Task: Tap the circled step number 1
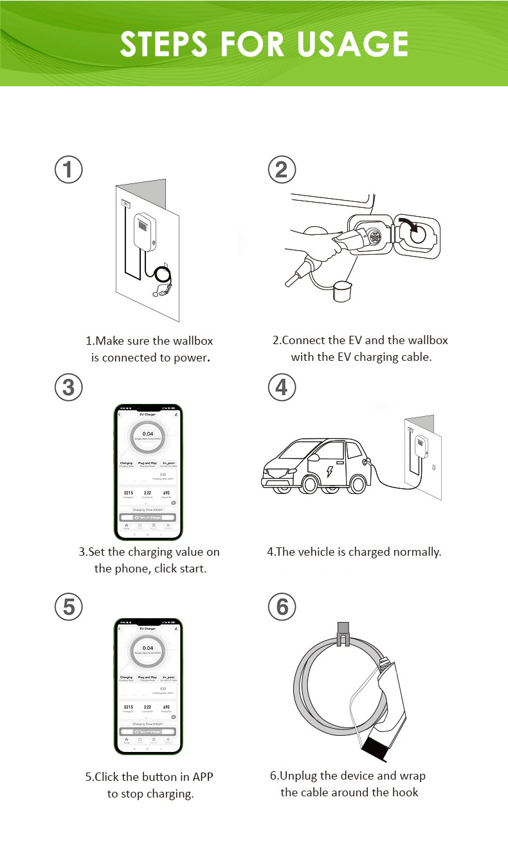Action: [x=69, y=169]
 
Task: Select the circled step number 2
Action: [x=282, y=169]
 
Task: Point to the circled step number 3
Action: [x=69, y=387]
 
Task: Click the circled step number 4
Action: [x=282, y=387]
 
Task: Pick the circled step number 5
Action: [x=69, y=607]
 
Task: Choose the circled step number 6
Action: [x=282, y=607]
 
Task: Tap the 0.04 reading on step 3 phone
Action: [x=148, y=434]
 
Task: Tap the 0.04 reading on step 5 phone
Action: [x=148, y=648]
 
